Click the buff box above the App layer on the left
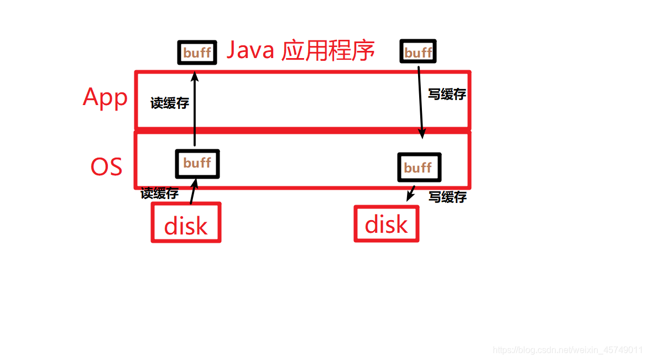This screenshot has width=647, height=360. (197, 53)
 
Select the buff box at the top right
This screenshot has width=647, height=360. (418, 53)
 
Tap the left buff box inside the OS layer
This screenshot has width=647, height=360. (197, 164)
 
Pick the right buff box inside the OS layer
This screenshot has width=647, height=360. (419, 167)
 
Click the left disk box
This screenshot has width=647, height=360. (186, 222)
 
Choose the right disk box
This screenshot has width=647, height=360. (386, 223)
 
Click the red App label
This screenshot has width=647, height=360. (105, 98)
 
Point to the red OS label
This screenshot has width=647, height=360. (106, 166)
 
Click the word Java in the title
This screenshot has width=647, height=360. (251, 51)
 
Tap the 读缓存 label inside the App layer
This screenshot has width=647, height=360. (170, 103)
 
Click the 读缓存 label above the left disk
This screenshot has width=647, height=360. (160, 194)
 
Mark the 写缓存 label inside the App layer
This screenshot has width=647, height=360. (447, 95)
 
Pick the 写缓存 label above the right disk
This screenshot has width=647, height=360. (447, 197)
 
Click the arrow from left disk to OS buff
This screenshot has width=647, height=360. (193, 191)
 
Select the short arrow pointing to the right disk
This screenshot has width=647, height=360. (410, 194)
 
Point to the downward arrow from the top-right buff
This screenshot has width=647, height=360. (420, 102)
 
